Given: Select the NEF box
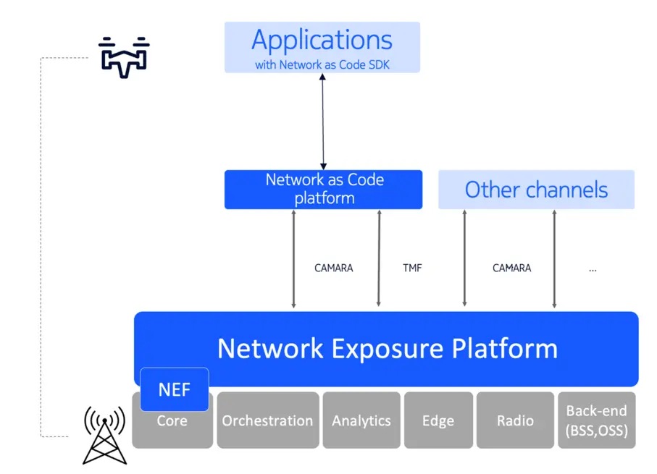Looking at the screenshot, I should pyautogui.click(x=174, y=390).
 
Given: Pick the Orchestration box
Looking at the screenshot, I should pyautogui.click(x=267, y=420).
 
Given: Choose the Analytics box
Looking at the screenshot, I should pyautogui.click(x=361, y=420).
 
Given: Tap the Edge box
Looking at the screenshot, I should pyautogui.click(x=438, y=420).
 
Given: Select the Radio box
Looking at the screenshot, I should pyautogui.click(x=515, y=420).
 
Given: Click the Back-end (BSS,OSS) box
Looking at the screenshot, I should pyautogui.click(x=596, y=420).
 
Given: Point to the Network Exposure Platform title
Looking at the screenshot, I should pyautogui.click(x=388, y=349).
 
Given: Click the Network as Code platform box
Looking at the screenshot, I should pyautogui.click(x=323, y=189).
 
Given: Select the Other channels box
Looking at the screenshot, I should pyautogui.click(x=536, y=190).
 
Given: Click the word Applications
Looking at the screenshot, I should pyautogui.click(x=322, y=41).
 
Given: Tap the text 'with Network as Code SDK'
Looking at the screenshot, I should pyautogui.click(x=322, y=64).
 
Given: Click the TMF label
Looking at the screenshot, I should pyautogui.click(x=412, y=268).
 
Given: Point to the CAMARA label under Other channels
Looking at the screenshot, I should pyautogui.click(x=511, y=268).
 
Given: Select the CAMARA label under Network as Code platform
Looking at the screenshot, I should pyautogui.click(x=333, y=268).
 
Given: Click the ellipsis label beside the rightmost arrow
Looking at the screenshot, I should pyautogui.click(x=593, y=268).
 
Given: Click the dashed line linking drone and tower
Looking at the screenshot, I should pyautogui.click(x=41, y=246).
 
